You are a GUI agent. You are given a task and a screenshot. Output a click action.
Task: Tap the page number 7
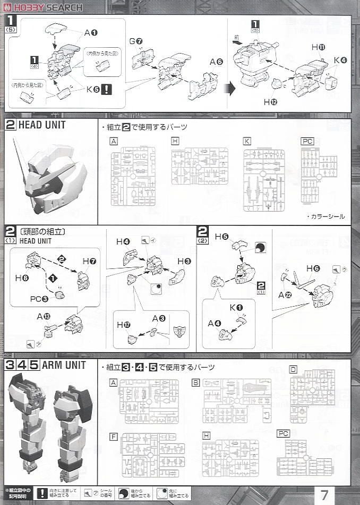coord(324,495)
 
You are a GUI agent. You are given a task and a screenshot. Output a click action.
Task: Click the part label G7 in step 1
coord(136,41)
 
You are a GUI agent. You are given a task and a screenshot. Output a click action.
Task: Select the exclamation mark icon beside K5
coord(106,89)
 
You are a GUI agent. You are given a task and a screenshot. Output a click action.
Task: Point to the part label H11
coord(318,47)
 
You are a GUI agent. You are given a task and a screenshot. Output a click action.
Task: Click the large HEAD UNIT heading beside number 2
coord(42,126)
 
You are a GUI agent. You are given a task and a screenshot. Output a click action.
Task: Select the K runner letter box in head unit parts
coord(247,141)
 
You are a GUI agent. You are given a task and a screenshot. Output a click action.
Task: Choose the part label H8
coord(21,277)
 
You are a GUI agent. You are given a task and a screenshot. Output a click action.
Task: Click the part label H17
coord(123,325)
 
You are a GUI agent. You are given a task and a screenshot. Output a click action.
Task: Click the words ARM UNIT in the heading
coord(64,365)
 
